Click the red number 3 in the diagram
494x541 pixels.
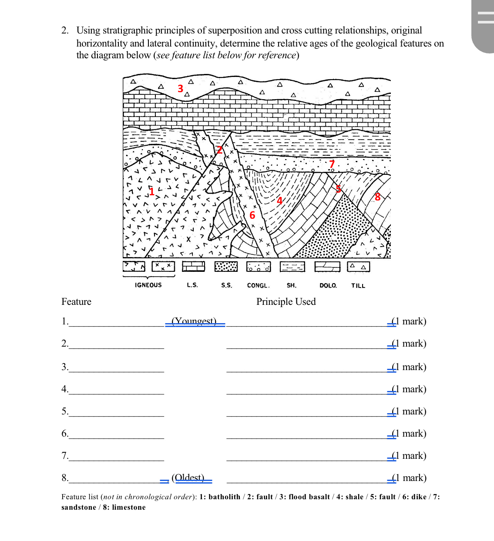180,89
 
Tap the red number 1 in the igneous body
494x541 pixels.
151,191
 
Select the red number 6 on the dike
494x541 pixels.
252,215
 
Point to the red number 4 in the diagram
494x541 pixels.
279,200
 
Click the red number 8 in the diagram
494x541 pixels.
377,197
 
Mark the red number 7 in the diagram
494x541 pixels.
332,164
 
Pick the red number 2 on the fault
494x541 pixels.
219,150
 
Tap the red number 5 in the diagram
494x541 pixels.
338,189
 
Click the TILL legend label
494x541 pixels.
358,286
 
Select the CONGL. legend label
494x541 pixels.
258,286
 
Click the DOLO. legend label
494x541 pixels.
328,286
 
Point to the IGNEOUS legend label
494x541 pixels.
148,285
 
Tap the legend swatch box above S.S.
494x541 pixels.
226,266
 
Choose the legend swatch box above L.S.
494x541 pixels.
193,266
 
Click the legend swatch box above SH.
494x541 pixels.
292,266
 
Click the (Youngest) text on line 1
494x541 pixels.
194,321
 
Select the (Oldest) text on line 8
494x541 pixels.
188,478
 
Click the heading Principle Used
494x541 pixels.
286,302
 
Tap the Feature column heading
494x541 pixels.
76,302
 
